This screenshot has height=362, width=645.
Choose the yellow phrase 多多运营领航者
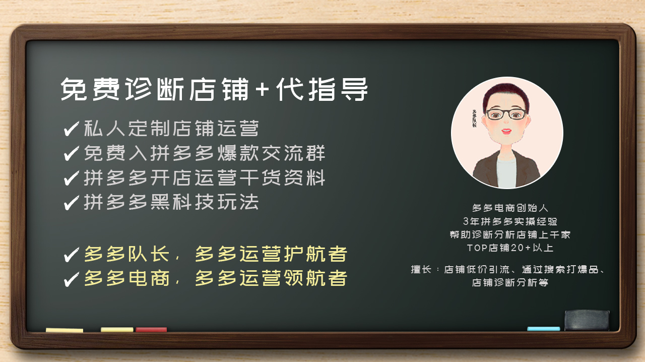coord(271,278)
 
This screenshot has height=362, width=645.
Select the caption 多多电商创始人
coord(510,208)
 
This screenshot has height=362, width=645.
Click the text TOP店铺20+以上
coord(510,248)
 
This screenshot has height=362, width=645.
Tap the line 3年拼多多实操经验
coord(510,221)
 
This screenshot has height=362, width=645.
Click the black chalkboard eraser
coord(587,320)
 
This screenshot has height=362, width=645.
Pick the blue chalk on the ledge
coord(543,329)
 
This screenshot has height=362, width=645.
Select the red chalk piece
coord(151,330)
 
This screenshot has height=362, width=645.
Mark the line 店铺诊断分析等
coord(510,283)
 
